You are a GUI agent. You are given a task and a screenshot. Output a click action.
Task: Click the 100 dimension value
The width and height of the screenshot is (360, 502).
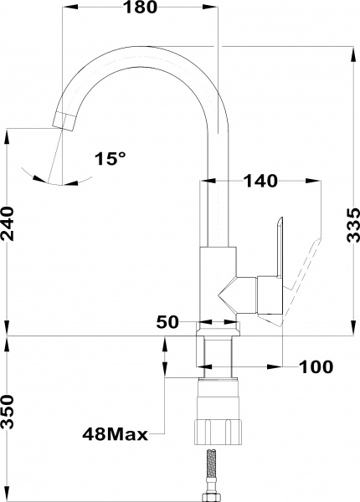[316, 366]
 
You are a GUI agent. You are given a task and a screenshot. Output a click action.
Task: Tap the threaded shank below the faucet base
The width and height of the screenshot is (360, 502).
[219, 351]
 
